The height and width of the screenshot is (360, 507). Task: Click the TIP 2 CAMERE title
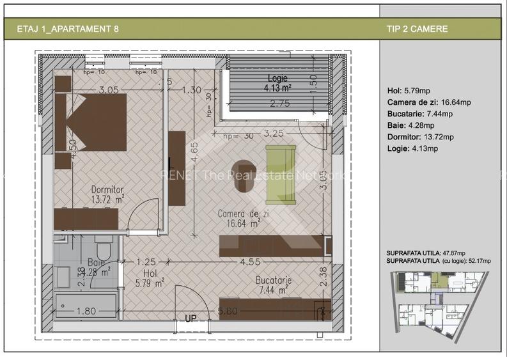pyautogui.click(x=417, y=29)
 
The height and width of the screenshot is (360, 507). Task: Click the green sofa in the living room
pyautogui.click(x=281, y=174)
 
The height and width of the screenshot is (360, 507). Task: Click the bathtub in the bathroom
pyautogui.click(x=86, y=306)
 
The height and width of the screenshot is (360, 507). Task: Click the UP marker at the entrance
pyautogui.click(x=191, y=318)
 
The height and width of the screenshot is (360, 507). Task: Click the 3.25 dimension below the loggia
pyautogui.click(x=273, y=135)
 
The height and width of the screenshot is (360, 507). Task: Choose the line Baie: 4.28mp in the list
pyautogui.click(x=410, y=125)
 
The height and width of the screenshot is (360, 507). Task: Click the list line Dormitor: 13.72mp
pyautogui.click(x=420, y=137)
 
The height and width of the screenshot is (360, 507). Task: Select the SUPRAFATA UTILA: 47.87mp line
pyautogui.click(x=426, y=253)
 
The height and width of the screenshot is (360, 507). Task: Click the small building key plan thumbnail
pyautogui.click(x=439, y=304)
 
